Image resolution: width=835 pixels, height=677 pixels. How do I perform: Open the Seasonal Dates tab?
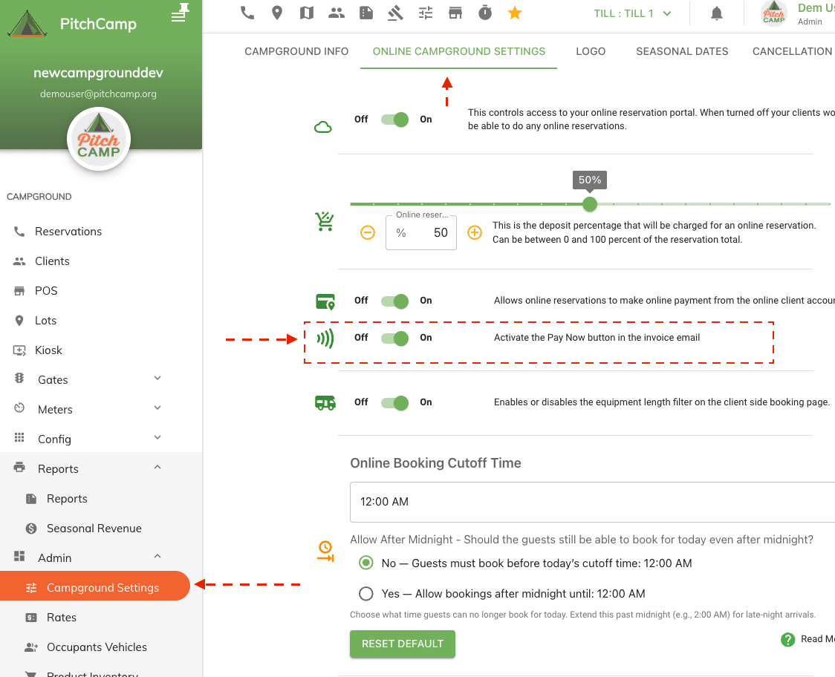coord(682,51)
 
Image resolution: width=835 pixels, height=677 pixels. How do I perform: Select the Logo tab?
coord(591,51)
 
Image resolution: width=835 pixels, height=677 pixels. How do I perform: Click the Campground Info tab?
coord(296,51)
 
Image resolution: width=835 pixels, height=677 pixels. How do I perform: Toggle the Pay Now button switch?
coord(395,338)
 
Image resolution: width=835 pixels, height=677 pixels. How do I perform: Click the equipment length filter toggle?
coord(395,402)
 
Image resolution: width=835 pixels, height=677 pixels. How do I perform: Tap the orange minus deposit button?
coord(368,232)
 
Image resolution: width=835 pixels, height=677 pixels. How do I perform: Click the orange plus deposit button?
coord(475,232)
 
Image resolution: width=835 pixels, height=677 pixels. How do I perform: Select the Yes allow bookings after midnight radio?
coord(365,594)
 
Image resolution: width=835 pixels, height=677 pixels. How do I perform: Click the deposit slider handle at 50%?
coord(590,203)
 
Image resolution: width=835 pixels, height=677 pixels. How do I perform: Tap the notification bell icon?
coord(717,13)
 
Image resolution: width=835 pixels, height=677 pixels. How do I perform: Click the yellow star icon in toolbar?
coord(514,13)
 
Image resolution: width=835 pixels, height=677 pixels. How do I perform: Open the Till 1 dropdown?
coord(633,13)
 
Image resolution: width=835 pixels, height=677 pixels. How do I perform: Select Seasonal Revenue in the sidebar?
coord(94,528)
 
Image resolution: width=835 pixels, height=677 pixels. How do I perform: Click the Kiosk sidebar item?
coord(48,350)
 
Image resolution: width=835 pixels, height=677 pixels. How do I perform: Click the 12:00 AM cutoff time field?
coord(587,502)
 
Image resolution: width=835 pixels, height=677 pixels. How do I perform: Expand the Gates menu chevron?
coord(157,379)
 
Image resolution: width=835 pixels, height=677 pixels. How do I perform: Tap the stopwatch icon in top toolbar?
coord(485,13)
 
